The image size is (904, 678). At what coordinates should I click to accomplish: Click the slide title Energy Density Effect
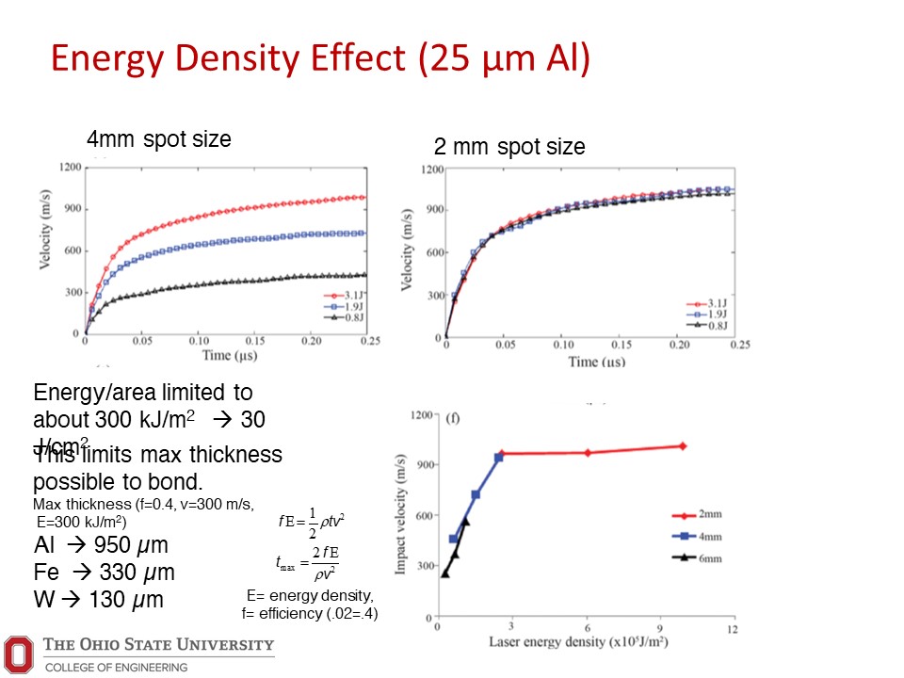click(320, 58)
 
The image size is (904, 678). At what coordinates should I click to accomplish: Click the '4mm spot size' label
click(158, 139)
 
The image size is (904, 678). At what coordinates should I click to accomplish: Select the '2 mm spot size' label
click(508, 147)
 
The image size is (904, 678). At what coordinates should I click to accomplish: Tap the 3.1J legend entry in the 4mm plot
click(338, 295)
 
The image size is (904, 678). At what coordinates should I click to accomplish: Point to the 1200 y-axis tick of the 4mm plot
click(67, 168)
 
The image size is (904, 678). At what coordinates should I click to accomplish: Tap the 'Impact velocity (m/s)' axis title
click(401, 516)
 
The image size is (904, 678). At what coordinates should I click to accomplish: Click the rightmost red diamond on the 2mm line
click(683, 445)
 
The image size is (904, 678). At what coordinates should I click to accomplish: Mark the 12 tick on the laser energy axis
click(732, 628)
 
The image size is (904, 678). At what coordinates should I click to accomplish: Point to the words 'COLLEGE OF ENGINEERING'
click(117, 668)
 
